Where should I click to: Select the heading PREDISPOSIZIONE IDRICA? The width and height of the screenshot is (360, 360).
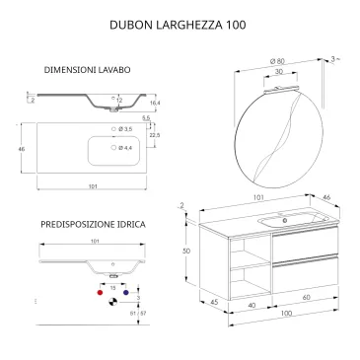94,225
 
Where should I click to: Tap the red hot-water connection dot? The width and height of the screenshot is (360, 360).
98,294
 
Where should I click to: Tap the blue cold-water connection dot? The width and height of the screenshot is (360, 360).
126,294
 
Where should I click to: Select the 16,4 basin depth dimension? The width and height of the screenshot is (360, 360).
154,103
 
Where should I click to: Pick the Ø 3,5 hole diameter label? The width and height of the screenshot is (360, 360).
125,129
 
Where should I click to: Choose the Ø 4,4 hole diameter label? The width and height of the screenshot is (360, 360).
125,148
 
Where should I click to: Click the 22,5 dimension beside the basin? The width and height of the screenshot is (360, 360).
154,135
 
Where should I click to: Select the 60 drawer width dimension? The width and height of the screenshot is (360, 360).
306,296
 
